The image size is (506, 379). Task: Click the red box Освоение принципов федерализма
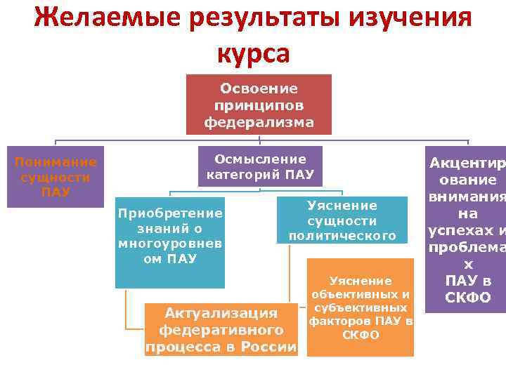pos(259,105)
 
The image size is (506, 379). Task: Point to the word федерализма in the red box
pos(259,122)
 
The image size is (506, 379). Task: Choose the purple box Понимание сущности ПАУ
pos(56,176)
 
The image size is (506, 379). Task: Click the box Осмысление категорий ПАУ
pos(260,166)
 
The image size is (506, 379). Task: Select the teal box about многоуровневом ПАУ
pos(170,239)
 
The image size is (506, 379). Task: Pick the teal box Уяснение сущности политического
pos(342,220)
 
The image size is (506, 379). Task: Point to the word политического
pos(342,236)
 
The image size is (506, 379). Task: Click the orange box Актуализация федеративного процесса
pos(221,329)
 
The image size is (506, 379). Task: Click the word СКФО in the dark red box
pos(467,298)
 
